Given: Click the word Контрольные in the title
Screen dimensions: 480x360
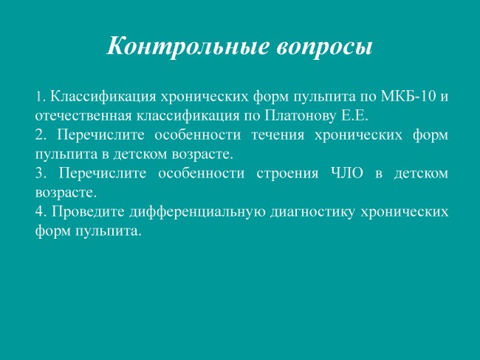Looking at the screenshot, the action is pyautogui.click(x=188, y=47).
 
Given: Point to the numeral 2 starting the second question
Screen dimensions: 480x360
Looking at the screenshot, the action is pyautogui.click(x=41, y=135).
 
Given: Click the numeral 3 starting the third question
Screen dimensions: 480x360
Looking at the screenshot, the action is pyautogui.click(x=41, y=174).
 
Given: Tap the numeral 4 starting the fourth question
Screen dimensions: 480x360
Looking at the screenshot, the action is pyautogui.click(x=41, y=211).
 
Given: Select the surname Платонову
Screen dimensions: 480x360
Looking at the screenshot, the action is pyautogui.click(x=301, y=116).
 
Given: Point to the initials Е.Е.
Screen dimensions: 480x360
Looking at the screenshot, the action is pyautogui.click(x=354, y=116).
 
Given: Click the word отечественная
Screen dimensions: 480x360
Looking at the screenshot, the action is pyautogui.click(x=83, y=116).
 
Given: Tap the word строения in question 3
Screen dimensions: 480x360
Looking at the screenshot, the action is pyautogui.click(x=287, y=174).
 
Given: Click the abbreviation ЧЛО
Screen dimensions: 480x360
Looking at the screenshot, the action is pyautogui.click(x=348, y=174).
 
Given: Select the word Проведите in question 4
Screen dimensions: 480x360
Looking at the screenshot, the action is pyautogui.click(x=89, y=212).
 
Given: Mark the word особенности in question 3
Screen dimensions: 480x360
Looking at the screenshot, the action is pyautogui.click(x=202, y=174).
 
